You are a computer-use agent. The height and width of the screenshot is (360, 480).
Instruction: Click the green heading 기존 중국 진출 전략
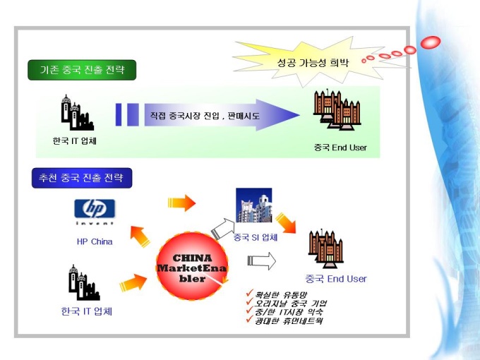tap(81, 70)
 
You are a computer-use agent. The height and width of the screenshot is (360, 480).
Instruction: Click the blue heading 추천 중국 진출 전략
tap(82, 178)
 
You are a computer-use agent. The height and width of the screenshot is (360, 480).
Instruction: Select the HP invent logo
tap(94, 212)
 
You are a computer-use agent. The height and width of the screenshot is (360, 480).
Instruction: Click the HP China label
tap(95, 241)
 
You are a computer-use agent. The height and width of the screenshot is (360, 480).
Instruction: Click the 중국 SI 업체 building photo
tap(253, 205)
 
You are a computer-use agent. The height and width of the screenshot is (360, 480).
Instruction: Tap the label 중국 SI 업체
tap(256, 237)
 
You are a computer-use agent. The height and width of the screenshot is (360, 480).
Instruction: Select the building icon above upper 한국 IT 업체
tap(76, 112)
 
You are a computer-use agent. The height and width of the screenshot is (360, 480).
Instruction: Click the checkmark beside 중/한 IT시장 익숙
tap(248, 311)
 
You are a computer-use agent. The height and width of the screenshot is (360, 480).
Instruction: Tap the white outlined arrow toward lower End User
tap(260, 262)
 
